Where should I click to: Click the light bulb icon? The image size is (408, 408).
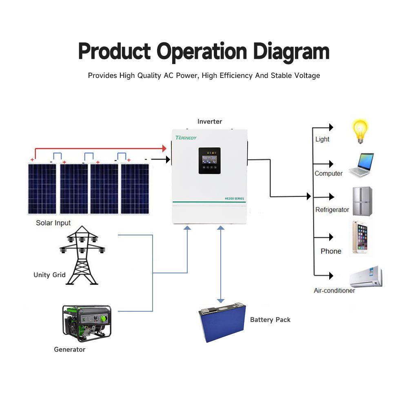tap(360, 131)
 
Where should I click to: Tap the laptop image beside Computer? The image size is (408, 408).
tap(361, 165)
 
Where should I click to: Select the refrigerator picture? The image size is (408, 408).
tap(362, 202)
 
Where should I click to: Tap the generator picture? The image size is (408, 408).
tap(86, 323)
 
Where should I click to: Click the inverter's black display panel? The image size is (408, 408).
tap(209, 161)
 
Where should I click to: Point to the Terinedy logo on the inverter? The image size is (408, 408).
tap(186, 137)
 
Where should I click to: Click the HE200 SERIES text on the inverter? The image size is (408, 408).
tap(234, 198)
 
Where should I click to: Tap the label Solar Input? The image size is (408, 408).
tap(53, 223)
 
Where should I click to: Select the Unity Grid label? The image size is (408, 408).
tap(49, 275)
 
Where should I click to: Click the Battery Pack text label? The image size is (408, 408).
tap(270, 319)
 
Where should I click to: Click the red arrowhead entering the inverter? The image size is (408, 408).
tap(165, 148)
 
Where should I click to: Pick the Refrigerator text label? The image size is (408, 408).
tap(332, 210)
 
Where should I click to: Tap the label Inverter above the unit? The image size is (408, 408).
tap(210, 122)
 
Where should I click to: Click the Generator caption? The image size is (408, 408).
tap(70, 350)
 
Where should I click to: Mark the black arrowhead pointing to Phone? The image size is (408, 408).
tap(330, 237)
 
